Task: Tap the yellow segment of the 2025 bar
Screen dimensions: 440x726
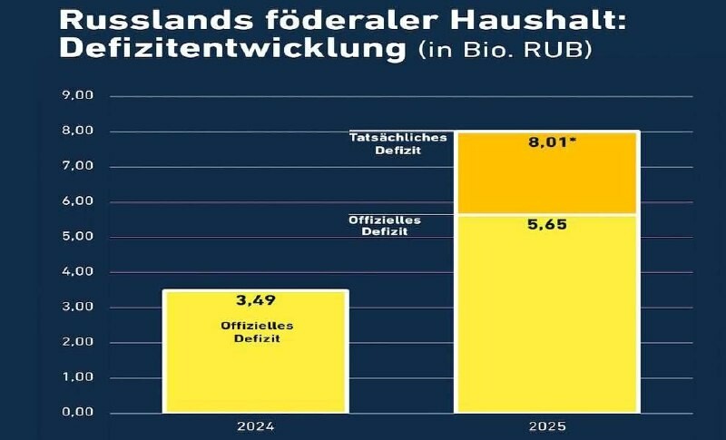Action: [547, 318]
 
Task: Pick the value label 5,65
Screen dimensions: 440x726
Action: [547, 224]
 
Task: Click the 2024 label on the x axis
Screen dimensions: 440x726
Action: [255, 425]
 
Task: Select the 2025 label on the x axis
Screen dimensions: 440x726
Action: [547, 425]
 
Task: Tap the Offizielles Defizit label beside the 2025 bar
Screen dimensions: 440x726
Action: [385, 226]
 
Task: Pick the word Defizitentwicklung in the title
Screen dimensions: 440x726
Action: [231, 49]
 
